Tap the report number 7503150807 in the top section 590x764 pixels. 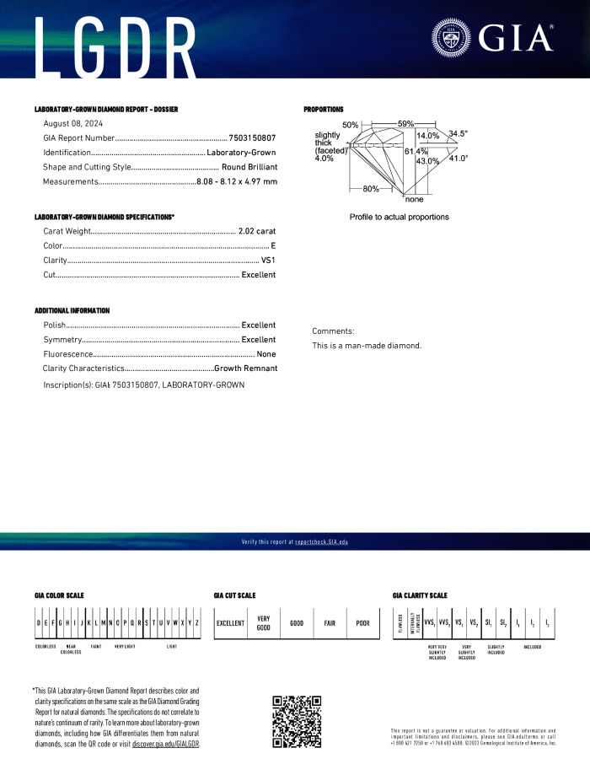(x=252, y=137)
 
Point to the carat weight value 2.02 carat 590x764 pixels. (x=257, y=230)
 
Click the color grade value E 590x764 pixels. (x=273, y=245)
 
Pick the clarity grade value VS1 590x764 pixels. (x=268, y=260)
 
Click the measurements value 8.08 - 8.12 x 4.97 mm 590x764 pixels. (x=236, y=182)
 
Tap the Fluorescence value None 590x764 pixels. (x=266, y=354)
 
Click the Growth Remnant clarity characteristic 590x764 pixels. (x=246, y=369)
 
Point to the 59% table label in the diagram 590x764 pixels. (x=405, y=125)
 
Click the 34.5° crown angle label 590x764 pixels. (x=458, y=133)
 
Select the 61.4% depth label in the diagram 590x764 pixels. (x=416, y=151)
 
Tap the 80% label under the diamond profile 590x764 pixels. (x=370, y=189)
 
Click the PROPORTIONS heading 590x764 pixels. (x=324, y=110)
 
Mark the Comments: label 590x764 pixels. (x=333, y=331)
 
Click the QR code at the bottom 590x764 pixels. (x=298, y=721)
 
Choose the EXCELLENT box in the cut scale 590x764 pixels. (x=230, y=623)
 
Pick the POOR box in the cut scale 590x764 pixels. (x=362, y=623)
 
